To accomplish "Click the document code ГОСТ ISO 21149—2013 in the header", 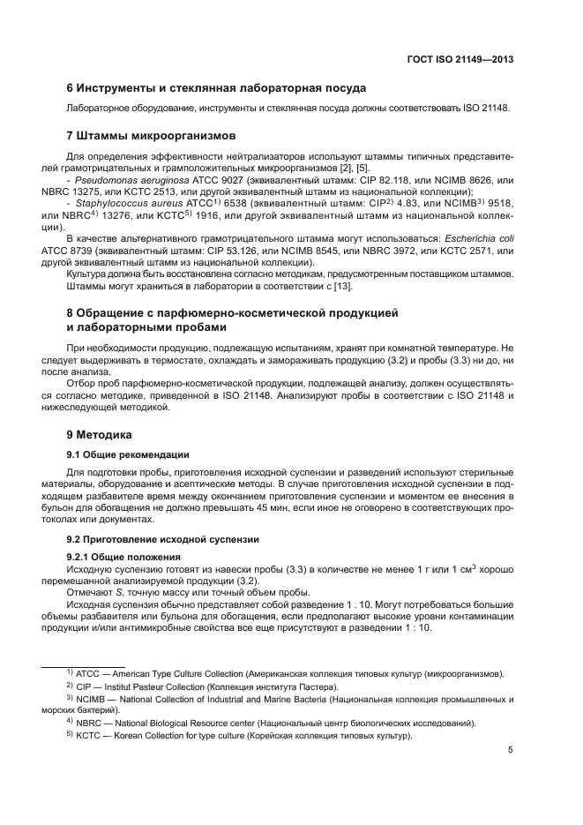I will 460,61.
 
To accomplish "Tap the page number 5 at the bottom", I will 511,752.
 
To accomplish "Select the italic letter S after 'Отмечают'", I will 119,593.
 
